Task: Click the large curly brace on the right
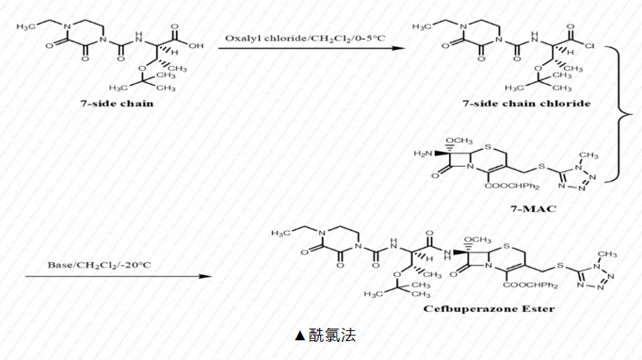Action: click(x=618, y=113)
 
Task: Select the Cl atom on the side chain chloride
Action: click(x=596, y=46)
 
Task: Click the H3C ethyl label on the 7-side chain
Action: click(x=27, y=27)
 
